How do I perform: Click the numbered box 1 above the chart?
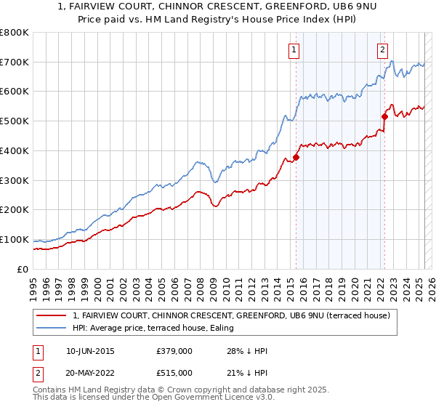click(294, 50)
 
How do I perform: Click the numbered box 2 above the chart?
click(382, 50)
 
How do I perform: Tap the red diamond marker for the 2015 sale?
click(296, 157)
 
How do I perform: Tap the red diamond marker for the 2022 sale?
click(385, 116)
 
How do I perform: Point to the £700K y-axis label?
click(15, 63)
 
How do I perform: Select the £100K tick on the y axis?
click(15, 239)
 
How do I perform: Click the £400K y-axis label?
click(15, 150)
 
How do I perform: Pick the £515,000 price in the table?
click(174, 372)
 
